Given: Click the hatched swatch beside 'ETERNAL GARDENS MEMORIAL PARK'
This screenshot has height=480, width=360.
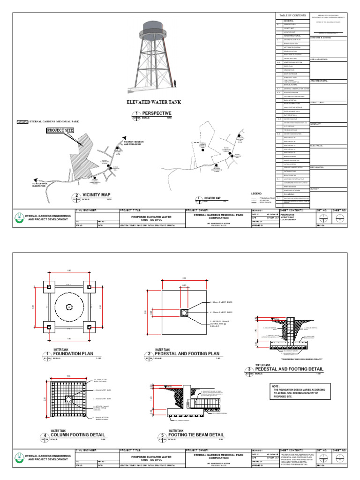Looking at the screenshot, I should click(22, 121).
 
